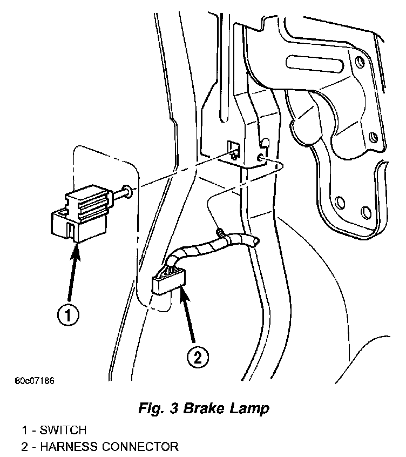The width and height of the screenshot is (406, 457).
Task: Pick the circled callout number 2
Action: [197, 357]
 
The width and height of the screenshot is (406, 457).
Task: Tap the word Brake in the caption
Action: [205, 408]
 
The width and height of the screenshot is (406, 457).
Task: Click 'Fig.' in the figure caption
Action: [153, 408]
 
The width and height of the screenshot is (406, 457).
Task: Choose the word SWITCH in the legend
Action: [63, 431]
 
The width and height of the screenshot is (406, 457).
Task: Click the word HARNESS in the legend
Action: [68, 447]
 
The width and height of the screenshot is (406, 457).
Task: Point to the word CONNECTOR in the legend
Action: [139, 447]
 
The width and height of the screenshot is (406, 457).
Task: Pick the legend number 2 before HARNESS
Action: [24, 447]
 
